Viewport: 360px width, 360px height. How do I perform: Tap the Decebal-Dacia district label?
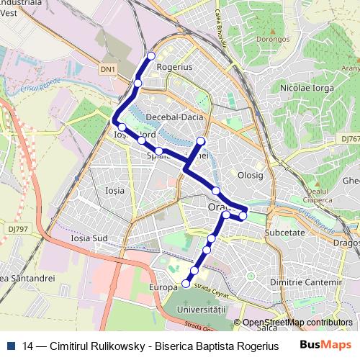pos(174,117)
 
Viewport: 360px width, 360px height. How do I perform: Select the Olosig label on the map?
pos(251,175)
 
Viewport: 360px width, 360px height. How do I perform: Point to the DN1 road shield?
pos(108,69)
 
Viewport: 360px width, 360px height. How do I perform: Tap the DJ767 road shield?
pos(350,138)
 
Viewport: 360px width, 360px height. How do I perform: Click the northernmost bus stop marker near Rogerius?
pos(151,56)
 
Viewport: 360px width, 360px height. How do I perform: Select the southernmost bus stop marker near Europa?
pos(186,284)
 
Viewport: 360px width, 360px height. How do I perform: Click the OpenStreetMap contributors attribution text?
pos(297,323)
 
